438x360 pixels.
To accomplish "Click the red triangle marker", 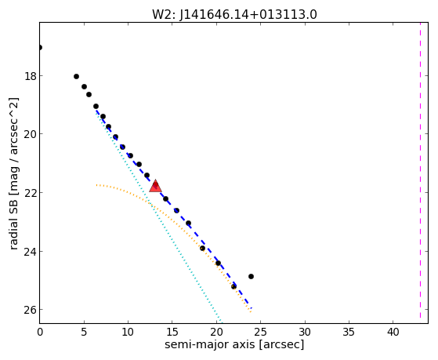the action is (x=155, y=187).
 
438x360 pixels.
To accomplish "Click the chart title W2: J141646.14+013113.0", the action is (x=234, y=14).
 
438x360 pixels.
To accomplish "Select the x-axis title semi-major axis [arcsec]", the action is (x=234, y=344).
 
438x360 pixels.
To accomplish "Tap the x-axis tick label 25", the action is (x=261, y=332).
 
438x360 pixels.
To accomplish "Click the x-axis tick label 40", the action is (x=393, y=332).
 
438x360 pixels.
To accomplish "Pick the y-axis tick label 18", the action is (x=31, y=76).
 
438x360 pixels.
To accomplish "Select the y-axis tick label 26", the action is (x=31, y=310).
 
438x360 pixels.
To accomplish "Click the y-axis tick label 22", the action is (x=31, y=193).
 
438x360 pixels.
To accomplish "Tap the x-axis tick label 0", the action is (x=40, y=332).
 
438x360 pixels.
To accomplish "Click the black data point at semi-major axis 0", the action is (x=40, y=48).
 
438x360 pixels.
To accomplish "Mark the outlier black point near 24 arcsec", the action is (x=251, y=276).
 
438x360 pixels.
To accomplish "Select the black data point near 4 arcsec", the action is (x=76, y=76).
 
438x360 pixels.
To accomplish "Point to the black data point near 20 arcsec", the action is (x=218, y=263).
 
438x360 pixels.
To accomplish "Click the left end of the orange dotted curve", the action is (x=96, y=185).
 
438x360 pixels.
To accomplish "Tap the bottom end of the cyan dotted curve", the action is (x=221, y=322).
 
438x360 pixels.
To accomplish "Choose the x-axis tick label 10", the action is (x=128, y=332).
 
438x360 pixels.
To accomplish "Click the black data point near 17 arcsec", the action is (x=188, y=223).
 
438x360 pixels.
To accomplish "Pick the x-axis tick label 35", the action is (x=349, y=332).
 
